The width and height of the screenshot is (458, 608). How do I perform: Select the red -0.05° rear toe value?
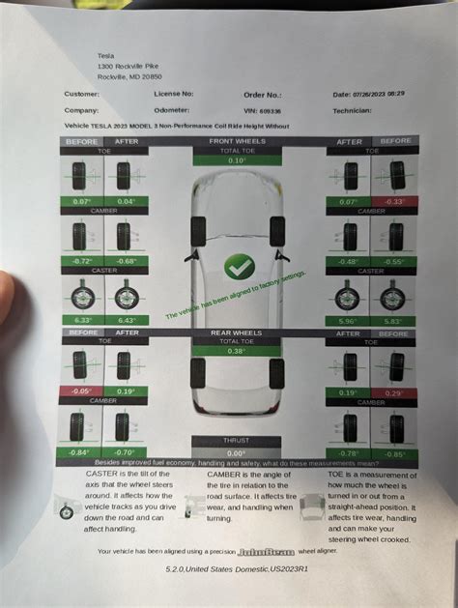click(x=80, y=391)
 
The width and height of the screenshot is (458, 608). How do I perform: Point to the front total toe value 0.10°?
click(x=237, y=159)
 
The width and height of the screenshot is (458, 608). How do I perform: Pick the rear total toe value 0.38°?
click(x=237, y=351)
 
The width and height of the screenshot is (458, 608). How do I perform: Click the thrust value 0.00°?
click(x=237, y=451)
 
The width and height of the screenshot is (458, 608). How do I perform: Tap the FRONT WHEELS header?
click(x=237, y=140)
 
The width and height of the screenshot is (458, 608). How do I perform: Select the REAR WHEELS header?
click(x=237, y=333)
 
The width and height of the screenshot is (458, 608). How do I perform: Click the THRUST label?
click(x=237, y=441)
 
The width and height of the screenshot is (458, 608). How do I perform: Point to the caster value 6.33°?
click(x=80, y=320)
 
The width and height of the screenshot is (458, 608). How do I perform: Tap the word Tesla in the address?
click(x=106, y=56)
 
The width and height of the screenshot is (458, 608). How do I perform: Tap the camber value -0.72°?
click(x=80, y=260)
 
